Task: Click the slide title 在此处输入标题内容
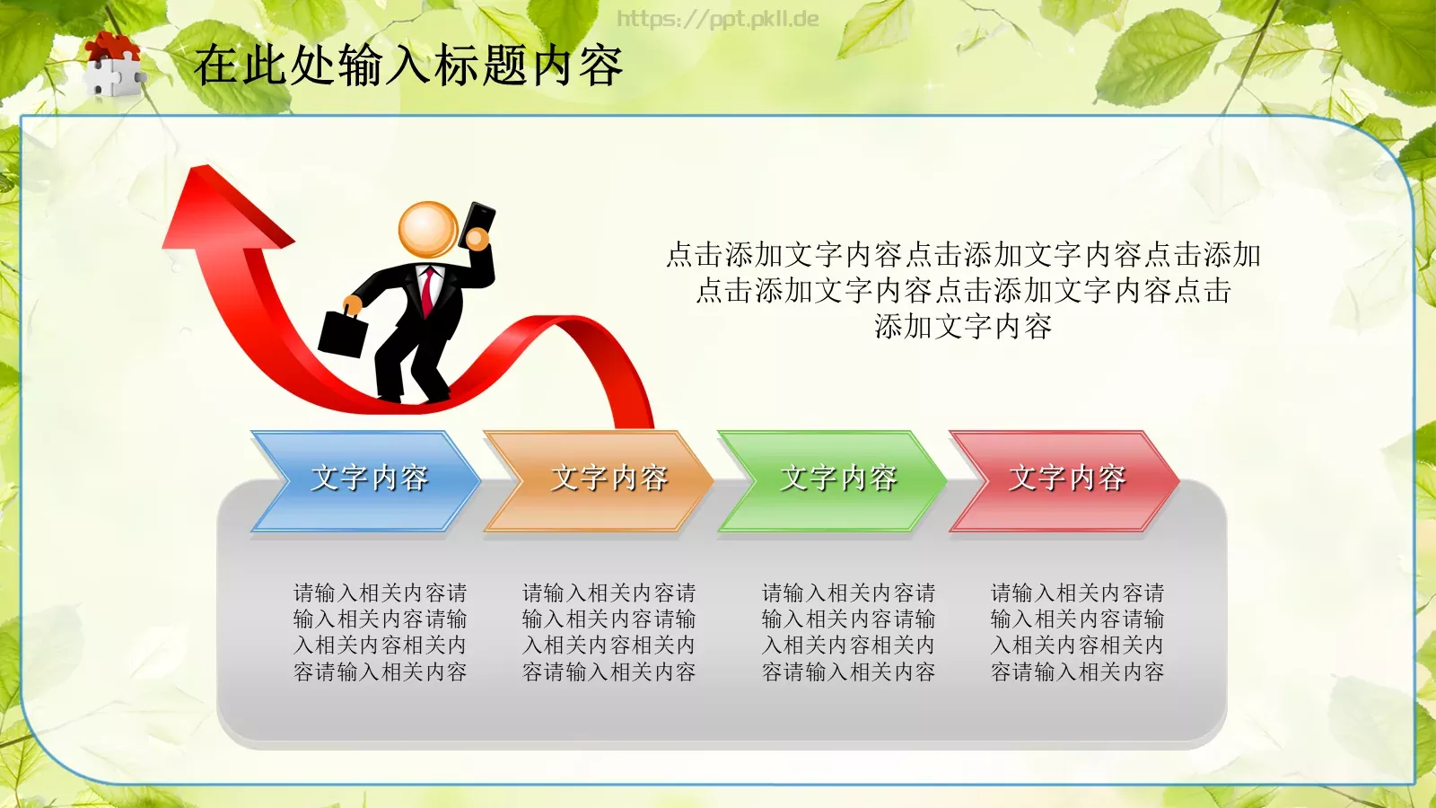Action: tap(408, 66)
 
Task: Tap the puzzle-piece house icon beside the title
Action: tap(113, 64)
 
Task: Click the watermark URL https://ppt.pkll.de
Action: tap(717, 19)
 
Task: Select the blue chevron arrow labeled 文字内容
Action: tap(368, 479)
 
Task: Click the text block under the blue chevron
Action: tap(381, 632)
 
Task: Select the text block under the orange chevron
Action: tap(609, 632)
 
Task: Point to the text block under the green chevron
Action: tap(849, 632)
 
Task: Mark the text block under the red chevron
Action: tap(1078, 632)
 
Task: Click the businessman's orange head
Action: tap(428, 230)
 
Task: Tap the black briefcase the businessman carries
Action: tap(342, 333)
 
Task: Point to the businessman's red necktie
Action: tap(429, 289)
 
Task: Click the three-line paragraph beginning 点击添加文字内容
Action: tap(963, 291)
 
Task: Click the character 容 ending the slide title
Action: tap(600, 66)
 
